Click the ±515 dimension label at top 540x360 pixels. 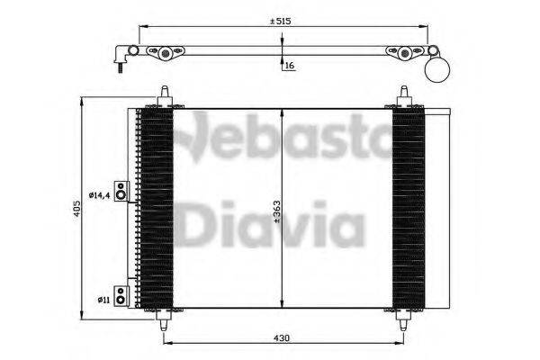[x=283, y=20]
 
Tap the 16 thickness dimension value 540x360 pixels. [x=290, y=66]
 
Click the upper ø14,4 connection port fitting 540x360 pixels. [x=122, y=192]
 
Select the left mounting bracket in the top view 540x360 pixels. [x=164, y=54]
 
